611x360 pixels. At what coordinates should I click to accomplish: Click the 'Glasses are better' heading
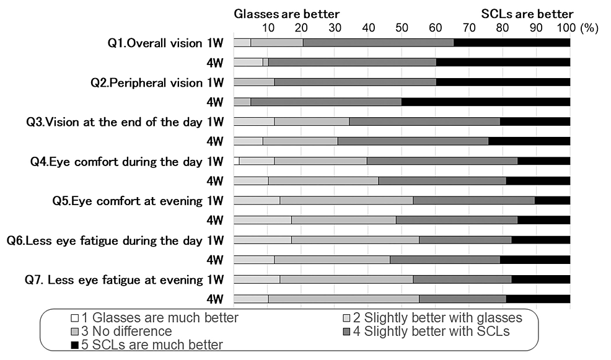[x=286, y=14]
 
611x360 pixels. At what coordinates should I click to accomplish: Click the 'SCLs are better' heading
[x=527, y=14]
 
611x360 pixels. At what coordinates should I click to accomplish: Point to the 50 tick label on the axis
[x=402, y=28]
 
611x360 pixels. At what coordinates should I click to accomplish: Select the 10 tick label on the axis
[x=268, y=28]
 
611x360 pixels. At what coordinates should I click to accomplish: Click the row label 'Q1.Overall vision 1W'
[x=165, y=43]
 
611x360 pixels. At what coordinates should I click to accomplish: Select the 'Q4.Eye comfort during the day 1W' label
[x=126, y=162]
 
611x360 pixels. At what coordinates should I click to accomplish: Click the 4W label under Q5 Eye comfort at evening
[x=214, y=221]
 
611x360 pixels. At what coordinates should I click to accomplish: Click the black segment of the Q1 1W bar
[x=511, y=43]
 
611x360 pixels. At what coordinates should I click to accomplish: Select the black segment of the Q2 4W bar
[x=486, y=102]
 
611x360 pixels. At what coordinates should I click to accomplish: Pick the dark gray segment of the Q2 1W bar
[x=355, y=82]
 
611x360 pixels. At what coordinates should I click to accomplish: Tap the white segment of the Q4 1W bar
[x=236, y=161]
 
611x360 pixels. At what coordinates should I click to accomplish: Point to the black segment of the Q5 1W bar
[x=552, y=201]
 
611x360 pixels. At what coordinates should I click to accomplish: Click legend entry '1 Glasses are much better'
[x=154, y=318]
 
